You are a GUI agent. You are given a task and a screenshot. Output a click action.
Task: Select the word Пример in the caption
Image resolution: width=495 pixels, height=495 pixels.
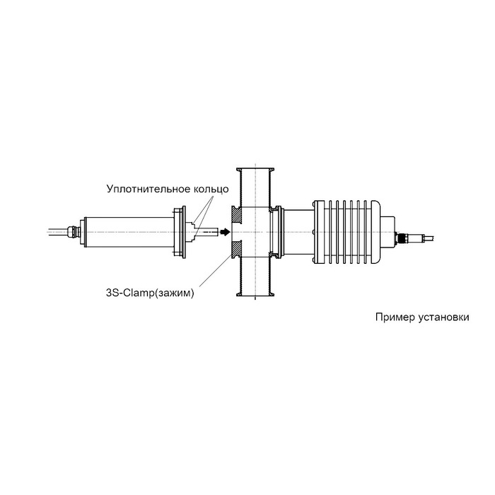point(393,318)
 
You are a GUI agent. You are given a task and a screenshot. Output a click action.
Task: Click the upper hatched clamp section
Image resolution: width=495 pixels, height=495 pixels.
point(236,213)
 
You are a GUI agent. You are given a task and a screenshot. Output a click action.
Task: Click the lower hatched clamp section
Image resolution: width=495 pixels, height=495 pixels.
point(236,248)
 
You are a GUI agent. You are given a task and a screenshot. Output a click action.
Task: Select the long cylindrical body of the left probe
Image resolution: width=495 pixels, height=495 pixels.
point(127,231)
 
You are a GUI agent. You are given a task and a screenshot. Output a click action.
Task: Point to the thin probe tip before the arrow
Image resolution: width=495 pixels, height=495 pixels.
point(206,231)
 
